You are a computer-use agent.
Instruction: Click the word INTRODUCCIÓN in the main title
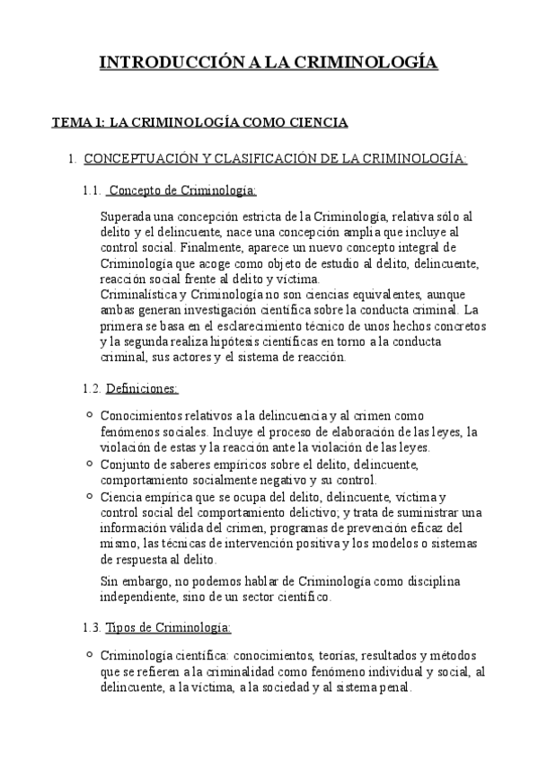[x=168, y=62]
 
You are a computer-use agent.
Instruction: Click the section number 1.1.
[x=92, y=190]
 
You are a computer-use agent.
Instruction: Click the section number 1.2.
[x=92, y=388]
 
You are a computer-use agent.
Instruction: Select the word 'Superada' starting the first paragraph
[x=128, y=217]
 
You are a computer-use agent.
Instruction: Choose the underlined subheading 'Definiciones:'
[x=142, y=388]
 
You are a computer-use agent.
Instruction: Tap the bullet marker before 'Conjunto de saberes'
[x=87, y=464]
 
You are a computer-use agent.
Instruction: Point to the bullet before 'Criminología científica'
[x=87, y=653]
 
